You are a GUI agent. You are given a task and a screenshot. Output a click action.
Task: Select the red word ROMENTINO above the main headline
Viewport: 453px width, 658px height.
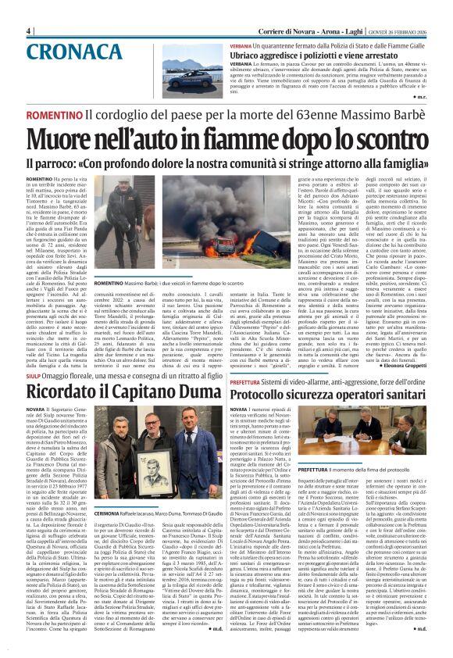(x=55, y=115)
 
